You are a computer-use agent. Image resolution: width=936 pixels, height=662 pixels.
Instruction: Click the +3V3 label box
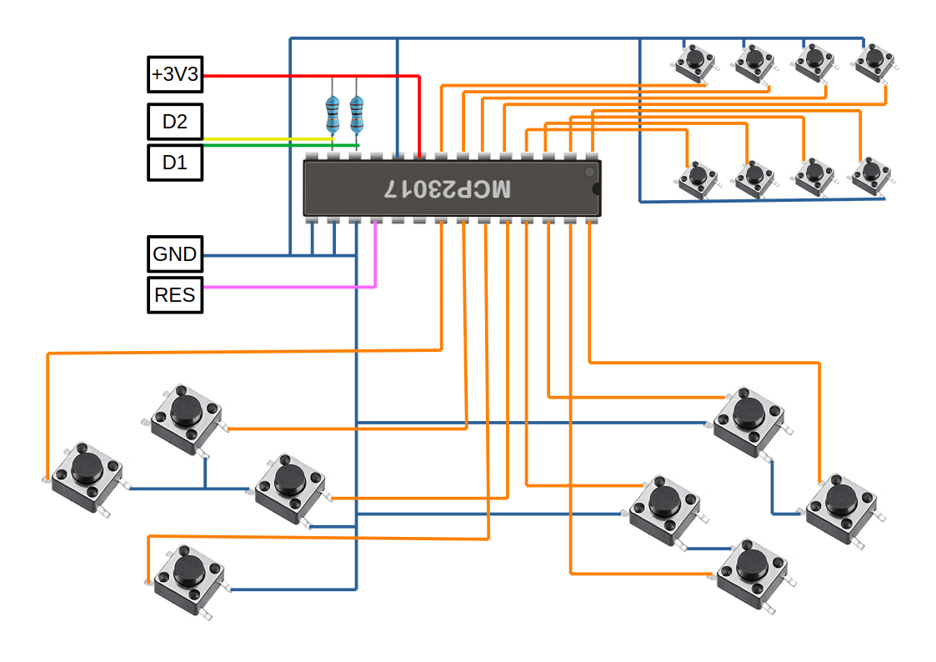point(175,74)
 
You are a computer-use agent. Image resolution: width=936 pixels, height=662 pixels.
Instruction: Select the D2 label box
point(175,121)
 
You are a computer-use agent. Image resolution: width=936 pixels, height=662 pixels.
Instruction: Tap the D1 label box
point(175,163)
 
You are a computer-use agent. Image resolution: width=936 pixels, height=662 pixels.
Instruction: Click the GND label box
point(175,254)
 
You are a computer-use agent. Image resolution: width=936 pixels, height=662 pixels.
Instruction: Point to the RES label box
point(175,295)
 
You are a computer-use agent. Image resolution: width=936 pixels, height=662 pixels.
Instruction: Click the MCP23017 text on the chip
point(448,188)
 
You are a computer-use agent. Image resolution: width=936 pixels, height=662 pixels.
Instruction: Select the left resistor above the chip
point(333,114)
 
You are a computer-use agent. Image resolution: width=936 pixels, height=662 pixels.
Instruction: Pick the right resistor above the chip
point(357,114)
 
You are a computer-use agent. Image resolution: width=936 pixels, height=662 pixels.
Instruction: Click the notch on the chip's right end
point(596,189)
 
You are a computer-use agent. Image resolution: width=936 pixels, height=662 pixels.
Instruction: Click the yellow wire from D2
point(268,139)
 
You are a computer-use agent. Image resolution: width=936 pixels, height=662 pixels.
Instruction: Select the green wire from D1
point(281,145)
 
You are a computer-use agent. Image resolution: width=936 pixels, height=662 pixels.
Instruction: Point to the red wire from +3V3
point(310,76)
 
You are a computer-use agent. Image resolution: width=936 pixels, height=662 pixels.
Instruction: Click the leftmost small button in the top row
point(694,62)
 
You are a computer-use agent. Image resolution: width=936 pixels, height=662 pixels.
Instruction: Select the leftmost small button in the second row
point(698,178)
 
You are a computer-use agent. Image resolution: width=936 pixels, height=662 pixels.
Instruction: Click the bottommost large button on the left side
point(188,580)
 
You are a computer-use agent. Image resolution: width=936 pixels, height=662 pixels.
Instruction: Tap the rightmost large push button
point(842,509)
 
